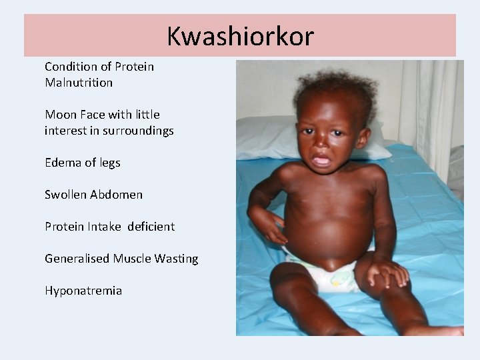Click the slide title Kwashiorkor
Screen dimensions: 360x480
point(240,36)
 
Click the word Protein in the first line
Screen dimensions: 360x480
point(134,67)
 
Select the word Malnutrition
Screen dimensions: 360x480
point(79,83)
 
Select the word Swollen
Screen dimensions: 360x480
point(65,195)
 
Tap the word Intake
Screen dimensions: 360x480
point(104,227)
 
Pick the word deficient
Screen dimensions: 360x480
point(151,227)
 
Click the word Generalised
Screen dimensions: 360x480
point(77,259)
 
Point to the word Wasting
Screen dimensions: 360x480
point(176,259)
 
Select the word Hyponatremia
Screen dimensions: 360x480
point(83,291)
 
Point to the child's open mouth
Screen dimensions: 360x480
point(321,161)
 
